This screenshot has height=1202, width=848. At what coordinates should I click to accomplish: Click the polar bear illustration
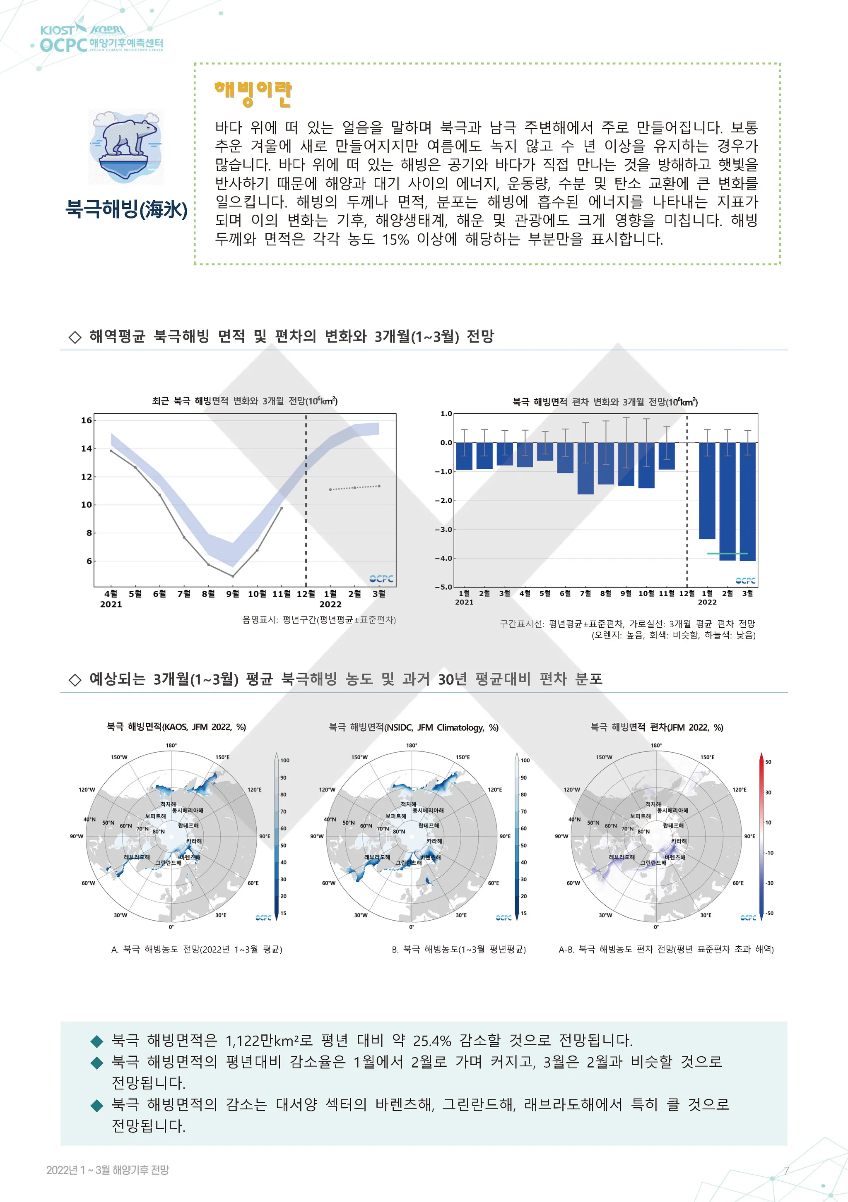coord(126,146)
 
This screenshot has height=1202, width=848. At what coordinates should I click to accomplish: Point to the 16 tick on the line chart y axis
coord(87,420)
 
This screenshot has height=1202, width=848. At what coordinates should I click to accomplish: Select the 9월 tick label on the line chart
coord(233,594)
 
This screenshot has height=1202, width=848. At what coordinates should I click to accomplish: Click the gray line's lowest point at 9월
coord(233,576)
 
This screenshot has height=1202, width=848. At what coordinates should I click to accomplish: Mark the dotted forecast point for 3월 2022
coord(379,486)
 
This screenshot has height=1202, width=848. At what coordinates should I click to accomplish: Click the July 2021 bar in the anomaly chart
coord(585,468)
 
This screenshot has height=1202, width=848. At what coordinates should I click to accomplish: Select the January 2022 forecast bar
coord(707,491)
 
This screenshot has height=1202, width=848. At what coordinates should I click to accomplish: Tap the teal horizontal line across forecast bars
coord(728,553)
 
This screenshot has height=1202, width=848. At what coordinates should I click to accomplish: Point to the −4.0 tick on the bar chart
coord(443,559)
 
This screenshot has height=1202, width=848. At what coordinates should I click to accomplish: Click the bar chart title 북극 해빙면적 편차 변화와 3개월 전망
coord(605,402)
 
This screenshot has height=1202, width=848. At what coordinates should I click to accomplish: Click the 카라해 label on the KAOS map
coord(194,841)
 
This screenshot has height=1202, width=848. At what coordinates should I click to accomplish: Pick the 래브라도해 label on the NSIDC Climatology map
coord(377,857)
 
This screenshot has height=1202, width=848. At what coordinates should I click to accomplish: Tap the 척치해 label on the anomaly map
coord(653,804)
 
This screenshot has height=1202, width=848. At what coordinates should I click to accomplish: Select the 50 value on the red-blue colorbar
coord(768,762)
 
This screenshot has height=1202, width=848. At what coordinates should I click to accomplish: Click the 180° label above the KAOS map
coord(171,746)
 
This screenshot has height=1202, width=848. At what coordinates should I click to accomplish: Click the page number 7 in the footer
coord(786,1171)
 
